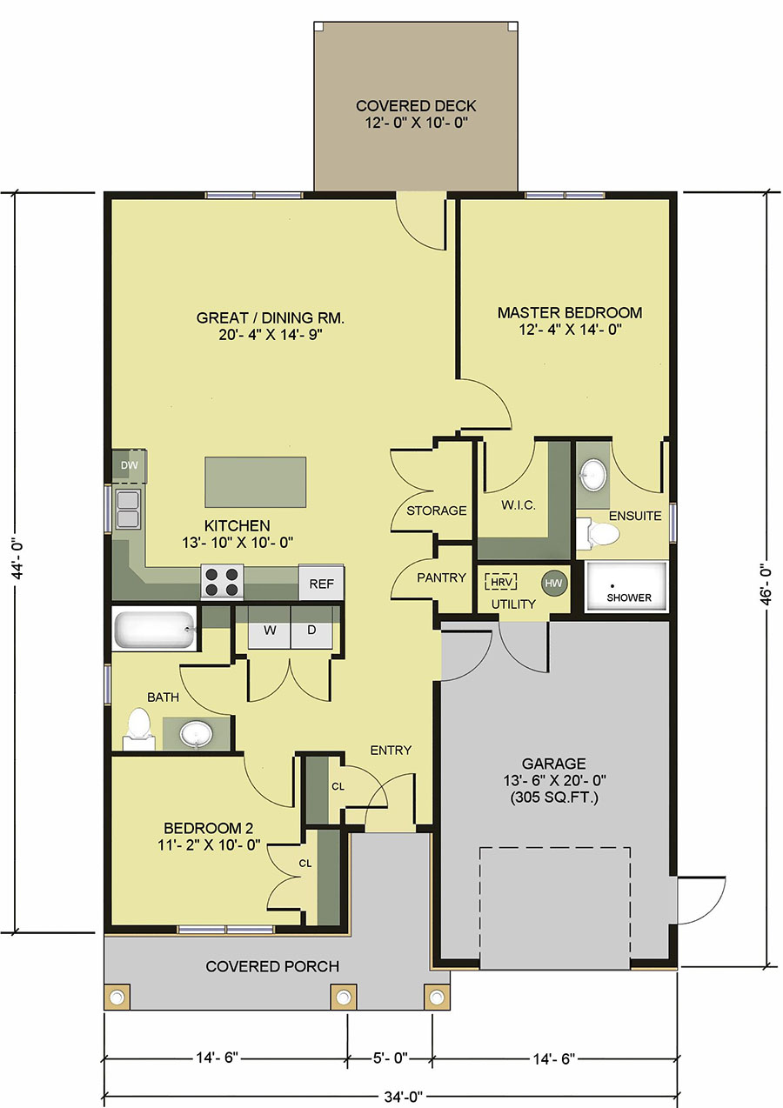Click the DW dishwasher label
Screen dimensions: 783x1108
(x=129, y=465)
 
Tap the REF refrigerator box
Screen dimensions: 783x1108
(x=321, y=584)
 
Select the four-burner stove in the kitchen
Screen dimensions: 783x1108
(x=222, y=582)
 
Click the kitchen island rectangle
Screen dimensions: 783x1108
(x=256, y=483)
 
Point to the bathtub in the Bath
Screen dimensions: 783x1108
(x=154, y=629)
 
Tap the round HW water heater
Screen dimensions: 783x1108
(x=553, y=584)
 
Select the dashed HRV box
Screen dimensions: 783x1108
(x=501, y=582)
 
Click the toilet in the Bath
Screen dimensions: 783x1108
(x=138, y=728)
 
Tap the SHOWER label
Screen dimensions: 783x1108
(x=629, y=597)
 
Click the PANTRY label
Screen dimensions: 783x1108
(x=441, y=577)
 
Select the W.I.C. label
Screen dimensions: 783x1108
(x=519, y=505)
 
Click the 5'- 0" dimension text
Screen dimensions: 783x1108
(x=390, y=1055)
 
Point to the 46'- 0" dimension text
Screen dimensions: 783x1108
(x=766, y=585)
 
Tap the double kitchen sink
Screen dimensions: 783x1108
(x=128, y=510)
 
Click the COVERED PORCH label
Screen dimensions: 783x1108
(x=272, y=966)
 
